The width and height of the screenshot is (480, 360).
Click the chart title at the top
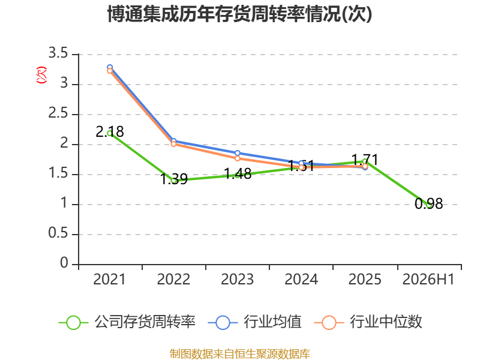[239, 14]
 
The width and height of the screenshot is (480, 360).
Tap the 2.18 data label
[110, 131]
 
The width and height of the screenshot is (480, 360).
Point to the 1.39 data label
[174, 179]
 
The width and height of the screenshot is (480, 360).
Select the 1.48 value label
[238, 173]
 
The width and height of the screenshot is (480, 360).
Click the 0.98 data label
[429, 203]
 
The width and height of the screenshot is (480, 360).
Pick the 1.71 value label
[365, 160]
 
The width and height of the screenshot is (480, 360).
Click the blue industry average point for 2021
[110, 67]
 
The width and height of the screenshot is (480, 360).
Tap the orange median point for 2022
[173, 144]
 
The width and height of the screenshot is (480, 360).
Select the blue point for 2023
[238, 153]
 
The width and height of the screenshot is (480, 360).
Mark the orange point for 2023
[238, 158]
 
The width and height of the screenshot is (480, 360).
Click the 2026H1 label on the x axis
[428, 280]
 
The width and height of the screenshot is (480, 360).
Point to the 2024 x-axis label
[301, 280]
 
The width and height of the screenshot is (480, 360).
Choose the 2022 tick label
[173, 280]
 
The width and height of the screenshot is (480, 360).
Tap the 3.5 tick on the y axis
[58, 53]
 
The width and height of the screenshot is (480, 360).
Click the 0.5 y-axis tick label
[58, 233]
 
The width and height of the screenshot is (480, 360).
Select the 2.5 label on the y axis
[58, 113]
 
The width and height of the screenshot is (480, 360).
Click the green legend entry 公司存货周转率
[127, 322]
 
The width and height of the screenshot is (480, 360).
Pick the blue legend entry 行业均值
[254, 322]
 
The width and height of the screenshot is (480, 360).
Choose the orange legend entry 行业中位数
[368, 322]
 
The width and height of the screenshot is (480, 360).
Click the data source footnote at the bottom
[240, 354]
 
